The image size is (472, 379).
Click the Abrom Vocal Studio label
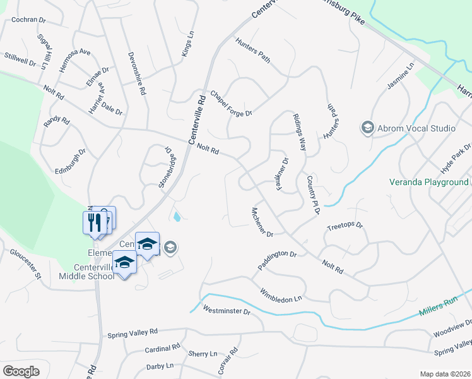click(416, 128)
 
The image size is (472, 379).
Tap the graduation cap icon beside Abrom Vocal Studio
click(367, 128)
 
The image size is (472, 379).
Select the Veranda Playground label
click(428, 183)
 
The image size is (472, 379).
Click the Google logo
click(21, 371)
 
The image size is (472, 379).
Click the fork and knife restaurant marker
click(93, 222)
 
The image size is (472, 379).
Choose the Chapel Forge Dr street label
click(231, 102)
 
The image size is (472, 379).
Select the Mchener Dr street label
click(261, 222)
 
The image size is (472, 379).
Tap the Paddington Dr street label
click(277, 260)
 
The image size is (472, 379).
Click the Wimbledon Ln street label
click(281, 294)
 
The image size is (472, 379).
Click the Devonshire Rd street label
click(135, 73)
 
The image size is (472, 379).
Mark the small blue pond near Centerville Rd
click(177, 217)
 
